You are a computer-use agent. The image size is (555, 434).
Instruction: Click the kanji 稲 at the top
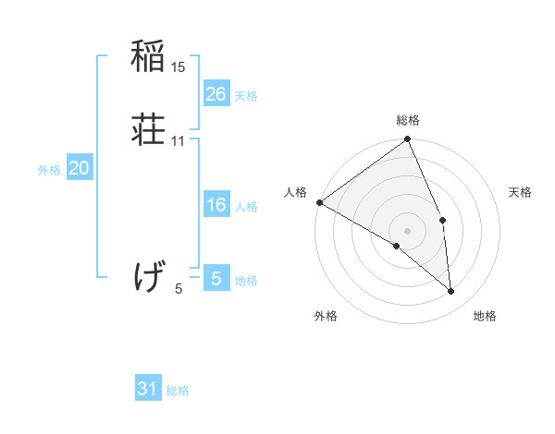point(148,57)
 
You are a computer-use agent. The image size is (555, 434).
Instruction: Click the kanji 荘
point(148,129)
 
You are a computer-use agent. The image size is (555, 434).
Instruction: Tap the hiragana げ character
point(148,276)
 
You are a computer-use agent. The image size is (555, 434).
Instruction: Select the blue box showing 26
point(216,93)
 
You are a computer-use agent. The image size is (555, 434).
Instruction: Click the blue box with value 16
point(216,205)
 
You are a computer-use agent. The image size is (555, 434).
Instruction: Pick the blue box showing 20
point(80,168)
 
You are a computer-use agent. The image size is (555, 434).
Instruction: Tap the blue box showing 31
point(148,389)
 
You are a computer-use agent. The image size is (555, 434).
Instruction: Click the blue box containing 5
point(216,278)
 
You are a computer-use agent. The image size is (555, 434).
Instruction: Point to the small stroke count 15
point(179,66)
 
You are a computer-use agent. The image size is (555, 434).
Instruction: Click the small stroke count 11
point(179,140)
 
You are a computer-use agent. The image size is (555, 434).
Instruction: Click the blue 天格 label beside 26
point(246,95)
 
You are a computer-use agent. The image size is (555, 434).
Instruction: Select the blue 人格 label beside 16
point(246,207)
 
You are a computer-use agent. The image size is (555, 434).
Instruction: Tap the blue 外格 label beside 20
point(49,170)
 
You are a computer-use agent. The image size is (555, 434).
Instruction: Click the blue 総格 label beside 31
point(178,391)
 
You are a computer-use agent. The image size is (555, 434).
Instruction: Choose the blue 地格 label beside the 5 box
point(246,280)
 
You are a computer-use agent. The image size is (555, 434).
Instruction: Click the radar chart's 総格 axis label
point(408,120)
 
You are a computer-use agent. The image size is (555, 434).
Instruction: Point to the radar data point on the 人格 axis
point(319,202)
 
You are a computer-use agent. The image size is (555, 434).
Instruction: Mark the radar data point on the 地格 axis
point(451,292)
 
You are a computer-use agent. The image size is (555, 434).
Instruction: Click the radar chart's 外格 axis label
point(326,316)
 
